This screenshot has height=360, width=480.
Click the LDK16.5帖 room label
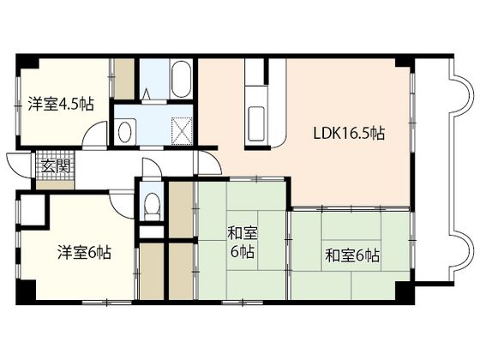click(349, 133)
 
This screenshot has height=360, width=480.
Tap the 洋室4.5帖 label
click(61, 104)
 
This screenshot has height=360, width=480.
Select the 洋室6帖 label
click(84, 253)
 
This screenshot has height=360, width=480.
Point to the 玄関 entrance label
click(56, 166)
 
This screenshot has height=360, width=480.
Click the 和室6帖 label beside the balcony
click(352, 255)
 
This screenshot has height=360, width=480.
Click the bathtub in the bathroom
click(180, 80)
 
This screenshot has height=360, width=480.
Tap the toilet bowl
click(153, 204)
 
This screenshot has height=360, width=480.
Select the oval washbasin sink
click(124, 132)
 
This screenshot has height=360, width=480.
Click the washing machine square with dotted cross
click(182, 130)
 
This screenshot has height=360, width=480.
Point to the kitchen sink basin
click(256, 123)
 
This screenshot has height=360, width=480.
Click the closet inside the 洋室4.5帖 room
click(124, 79)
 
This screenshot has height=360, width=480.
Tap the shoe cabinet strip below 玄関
click(55, 185)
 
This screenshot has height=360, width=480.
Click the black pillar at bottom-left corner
click(26, 292)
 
